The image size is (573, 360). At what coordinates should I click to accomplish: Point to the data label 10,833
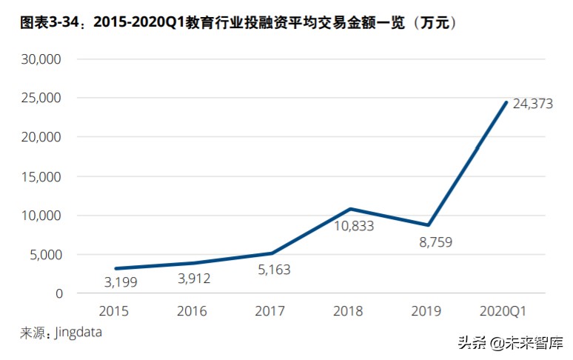click(349, 226)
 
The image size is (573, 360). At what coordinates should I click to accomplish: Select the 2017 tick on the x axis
click(270, 311)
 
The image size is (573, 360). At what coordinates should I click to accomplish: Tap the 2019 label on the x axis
click(427, 311)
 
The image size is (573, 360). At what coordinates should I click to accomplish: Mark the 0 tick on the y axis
click(59, 294)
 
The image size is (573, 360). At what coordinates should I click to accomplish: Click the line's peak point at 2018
click(349, 209)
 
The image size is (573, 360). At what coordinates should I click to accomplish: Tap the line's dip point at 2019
click(428, 224)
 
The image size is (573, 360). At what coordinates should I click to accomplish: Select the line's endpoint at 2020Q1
click(506, 102)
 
